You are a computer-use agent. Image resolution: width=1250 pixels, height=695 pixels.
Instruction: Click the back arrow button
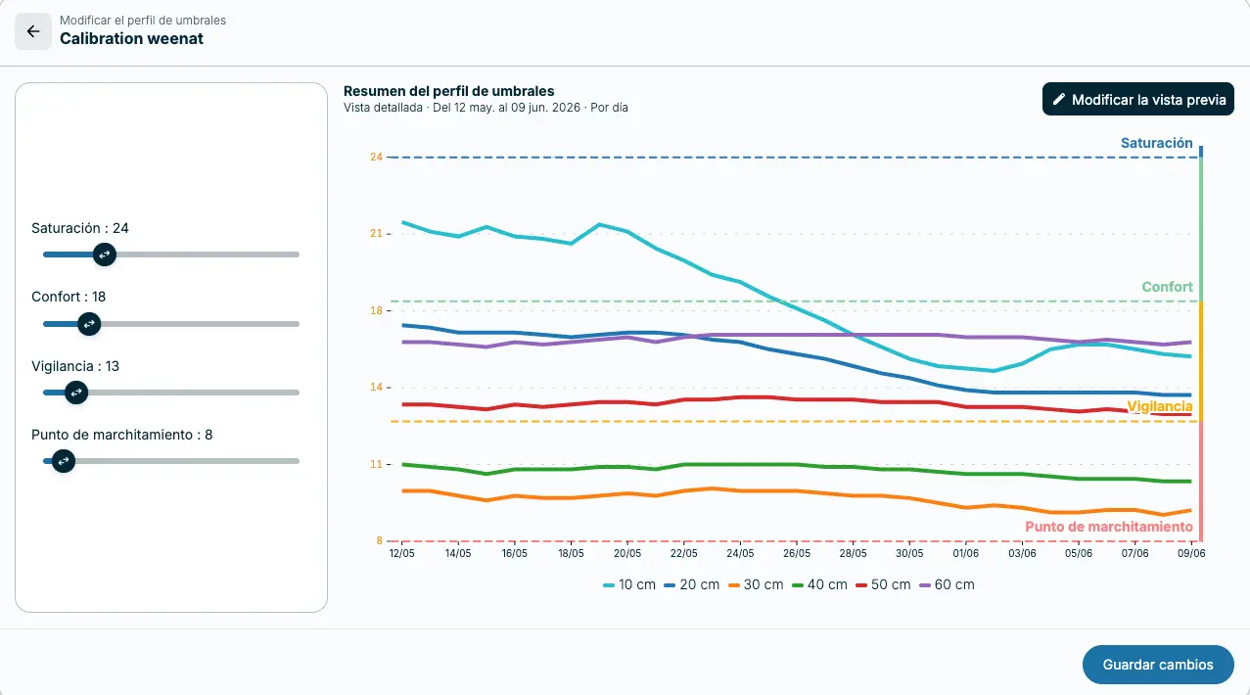(x=33, y=31)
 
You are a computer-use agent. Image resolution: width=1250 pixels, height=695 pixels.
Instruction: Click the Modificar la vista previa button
(x=1137, y=100)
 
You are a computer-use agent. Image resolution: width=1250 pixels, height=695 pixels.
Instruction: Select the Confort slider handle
(x=89, y=324)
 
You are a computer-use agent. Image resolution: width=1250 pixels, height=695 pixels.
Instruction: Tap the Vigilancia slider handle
(x=76, y=393)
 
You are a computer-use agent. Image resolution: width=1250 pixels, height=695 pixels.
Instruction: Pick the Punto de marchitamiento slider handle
(x=64, y=461)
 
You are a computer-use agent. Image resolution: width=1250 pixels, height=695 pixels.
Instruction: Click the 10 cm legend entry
(x=628, y=584)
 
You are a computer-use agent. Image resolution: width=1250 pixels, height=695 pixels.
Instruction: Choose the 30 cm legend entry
(x=756, y=584)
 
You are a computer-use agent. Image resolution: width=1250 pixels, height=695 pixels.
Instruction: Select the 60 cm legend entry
(x=947, y=584)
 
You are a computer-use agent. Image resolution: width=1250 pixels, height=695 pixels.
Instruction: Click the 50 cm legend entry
(x=883, y=584)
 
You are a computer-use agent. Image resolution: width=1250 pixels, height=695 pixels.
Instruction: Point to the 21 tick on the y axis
(x=376, y=233)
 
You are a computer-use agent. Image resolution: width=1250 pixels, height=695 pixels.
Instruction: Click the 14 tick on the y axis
(x=376, y=387)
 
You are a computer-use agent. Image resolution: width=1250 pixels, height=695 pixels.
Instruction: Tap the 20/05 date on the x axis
(x=627, y=553)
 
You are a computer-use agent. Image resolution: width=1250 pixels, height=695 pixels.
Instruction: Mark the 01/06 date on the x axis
(x=965, y=553)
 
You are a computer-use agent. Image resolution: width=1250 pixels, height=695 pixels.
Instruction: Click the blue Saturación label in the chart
(x=1157, y=143)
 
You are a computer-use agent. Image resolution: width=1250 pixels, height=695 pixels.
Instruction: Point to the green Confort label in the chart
(x=1167, y=287)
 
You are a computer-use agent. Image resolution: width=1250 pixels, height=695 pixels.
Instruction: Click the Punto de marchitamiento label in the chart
(x=1109, y=527)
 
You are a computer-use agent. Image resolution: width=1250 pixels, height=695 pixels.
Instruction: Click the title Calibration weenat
(x=132, y=38)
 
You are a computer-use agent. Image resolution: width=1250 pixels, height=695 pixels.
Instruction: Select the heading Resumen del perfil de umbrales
(x=448, y=91)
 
